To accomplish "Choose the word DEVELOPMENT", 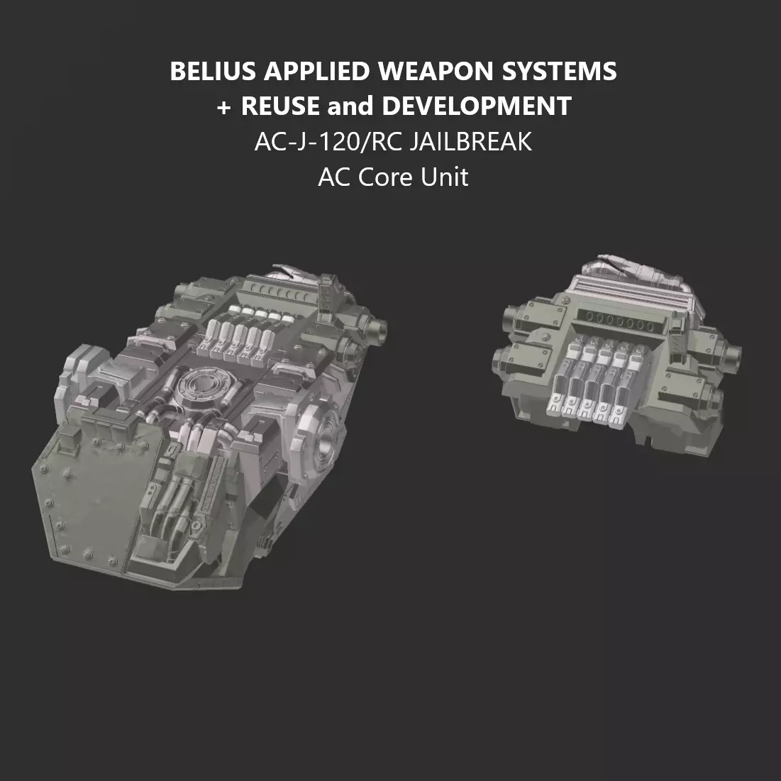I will pyautogui.click(x=477, y=106).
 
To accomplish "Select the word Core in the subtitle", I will pyautogui.click(x=388, y=177).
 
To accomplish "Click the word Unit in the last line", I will pyautogui.click(x=444, y=177).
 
